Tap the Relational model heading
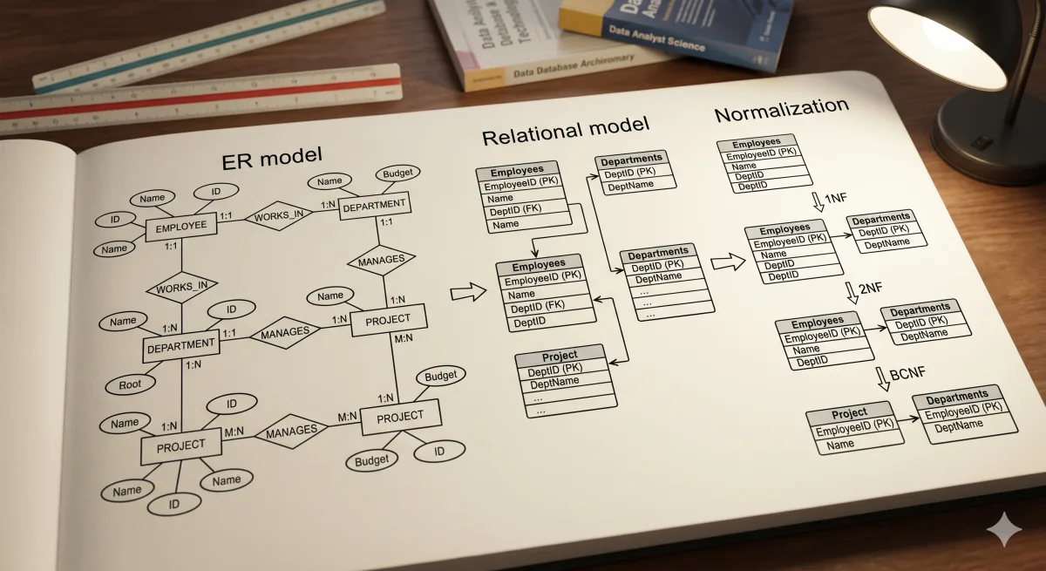click(566, 132)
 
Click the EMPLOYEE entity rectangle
click(180, 227)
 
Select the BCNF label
click(907, 376)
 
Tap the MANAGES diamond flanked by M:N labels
click(291, 432)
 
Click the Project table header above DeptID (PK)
click(560, 357)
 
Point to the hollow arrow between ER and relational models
click(472, 292)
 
